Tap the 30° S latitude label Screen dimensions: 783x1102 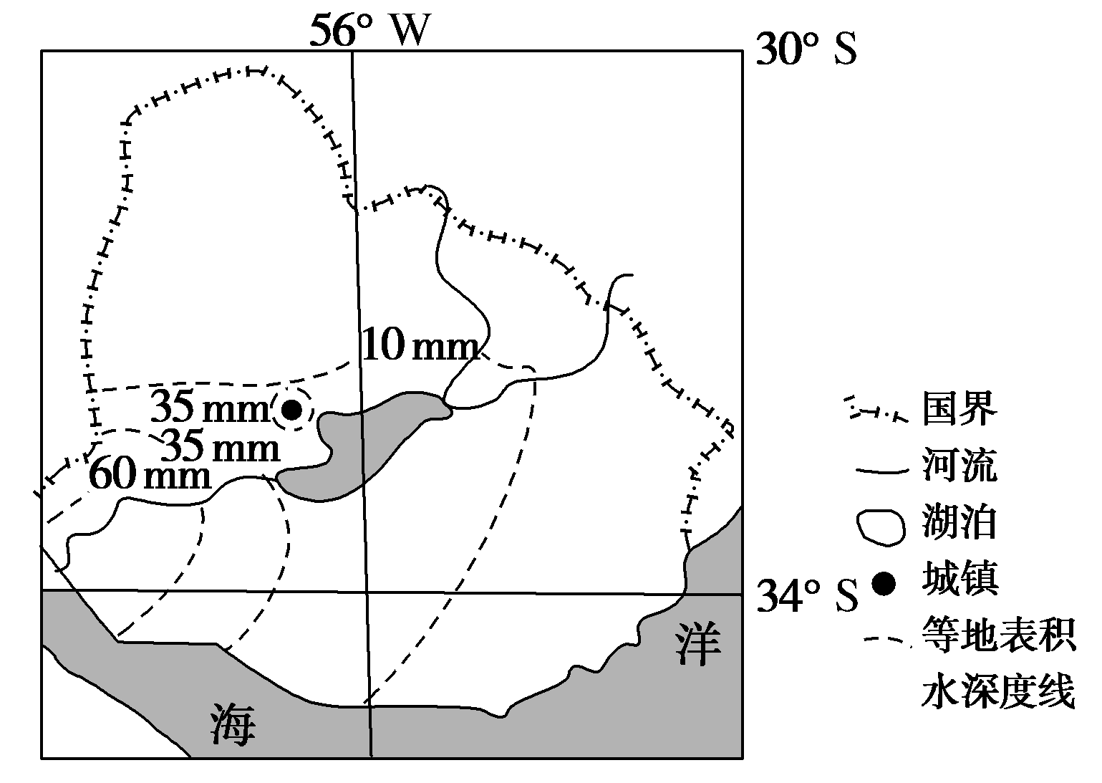806,51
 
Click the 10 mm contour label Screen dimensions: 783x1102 420,347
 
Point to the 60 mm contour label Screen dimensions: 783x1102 150,475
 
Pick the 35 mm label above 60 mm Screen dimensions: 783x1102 221,448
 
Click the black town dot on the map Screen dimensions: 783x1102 291,410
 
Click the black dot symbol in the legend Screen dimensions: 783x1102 885,584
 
